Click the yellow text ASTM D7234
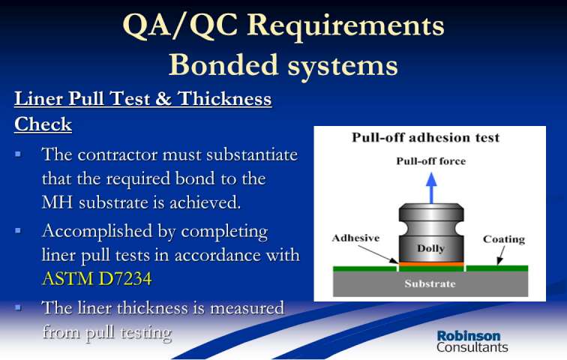click(x=97, y=279)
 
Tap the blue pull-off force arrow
click(x=431, y=187)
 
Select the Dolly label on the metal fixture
click(x=430, y=249)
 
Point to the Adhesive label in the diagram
click(x=355, y=238)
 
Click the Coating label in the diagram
click(x=504, y=239)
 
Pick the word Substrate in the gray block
click(x=430, y=283)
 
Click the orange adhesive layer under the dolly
click(x=431, y=264)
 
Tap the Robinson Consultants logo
click(x=472, y=341)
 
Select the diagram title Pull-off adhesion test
click(x=425, y=137)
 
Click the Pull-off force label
click(x=430, y=160)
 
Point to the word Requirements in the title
click(x=345, y=25)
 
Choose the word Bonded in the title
click(x=223, y=64)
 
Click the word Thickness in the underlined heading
click(x=224, y=98)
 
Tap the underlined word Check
click(x=43, y=124)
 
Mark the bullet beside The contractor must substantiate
click(x=18, y=154)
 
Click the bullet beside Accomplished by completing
click(x=18, y=230)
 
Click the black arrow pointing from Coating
click(x=501, y=255)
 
